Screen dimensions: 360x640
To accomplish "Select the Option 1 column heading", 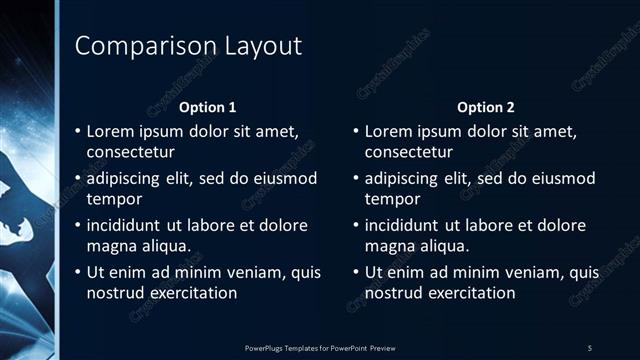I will [x=207, y=107].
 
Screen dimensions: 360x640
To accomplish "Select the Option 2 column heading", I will [x=485, y=107].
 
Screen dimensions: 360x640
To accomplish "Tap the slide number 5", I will [x=590, y=347].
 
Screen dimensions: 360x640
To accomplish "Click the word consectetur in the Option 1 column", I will [x=131, y=153].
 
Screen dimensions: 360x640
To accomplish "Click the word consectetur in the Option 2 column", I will [x=409, y=153].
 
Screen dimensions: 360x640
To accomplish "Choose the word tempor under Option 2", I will [x=393, y=199].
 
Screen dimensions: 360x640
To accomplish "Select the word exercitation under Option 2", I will [x=470, y=293].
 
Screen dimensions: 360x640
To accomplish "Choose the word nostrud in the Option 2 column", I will [x=393, y=293].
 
